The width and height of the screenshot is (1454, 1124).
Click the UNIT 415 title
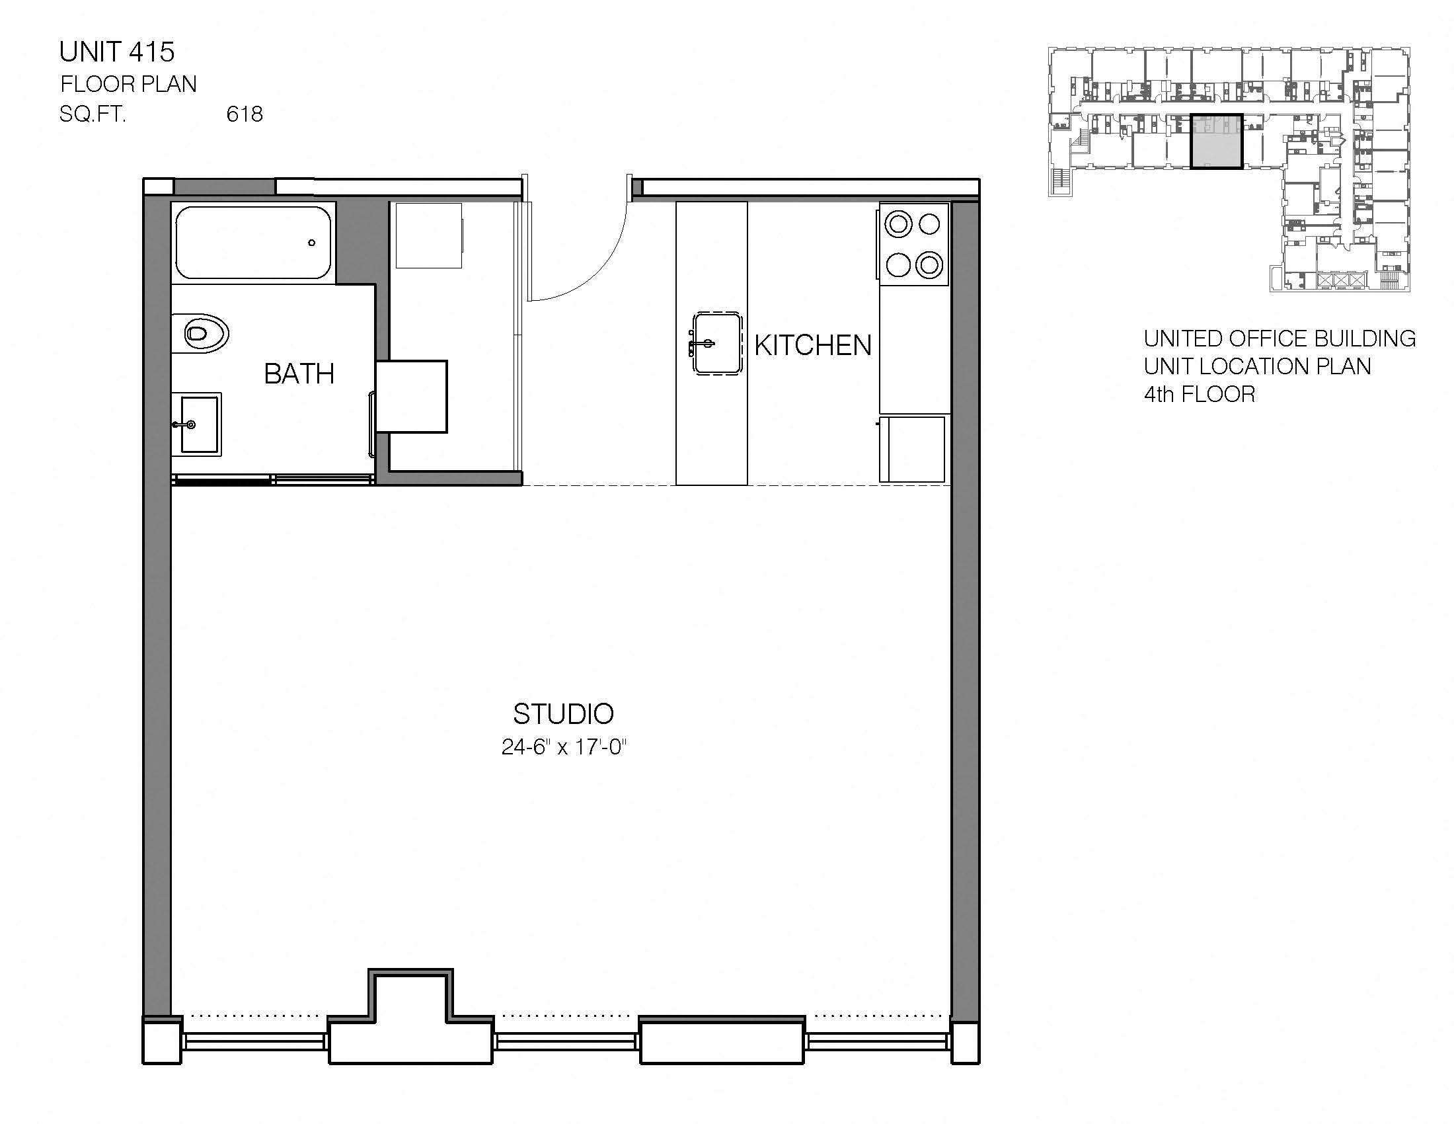click(116, 52)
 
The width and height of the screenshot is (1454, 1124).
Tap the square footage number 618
click(245, 114)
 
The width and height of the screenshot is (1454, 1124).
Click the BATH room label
click(299, 374)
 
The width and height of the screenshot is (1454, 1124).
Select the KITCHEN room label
click(813, 346)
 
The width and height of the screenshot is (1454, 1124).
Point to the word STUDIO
click(563, 714)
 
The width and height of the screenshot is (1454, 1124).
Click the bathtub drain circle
click(311, 243)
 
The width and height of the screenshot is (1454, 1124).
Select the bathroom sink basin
click(198, 424)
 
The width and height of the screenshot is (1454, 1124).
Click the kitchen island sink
click(716, 344)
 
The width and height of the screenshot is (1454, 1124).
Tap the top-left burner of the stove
click(898, 223)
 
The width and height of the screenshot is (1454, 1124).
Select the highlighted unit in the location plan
click(1215, 143)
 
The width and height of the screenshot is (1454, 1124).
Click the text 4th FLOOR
click(1199, 395)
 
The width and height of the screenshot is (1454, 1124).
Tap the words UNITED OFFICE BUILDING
click(1279, 339)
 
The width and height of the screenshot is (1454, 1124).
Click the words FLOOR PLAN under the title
click(128, 85)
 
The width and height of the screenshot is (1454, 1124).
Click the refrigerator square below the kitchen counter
click(912, 449)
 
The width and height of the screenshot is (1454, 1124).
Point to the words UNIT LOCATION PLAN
click(1257, 367)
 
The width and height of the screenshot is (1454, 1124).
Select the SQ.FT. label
click(93, 114)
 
